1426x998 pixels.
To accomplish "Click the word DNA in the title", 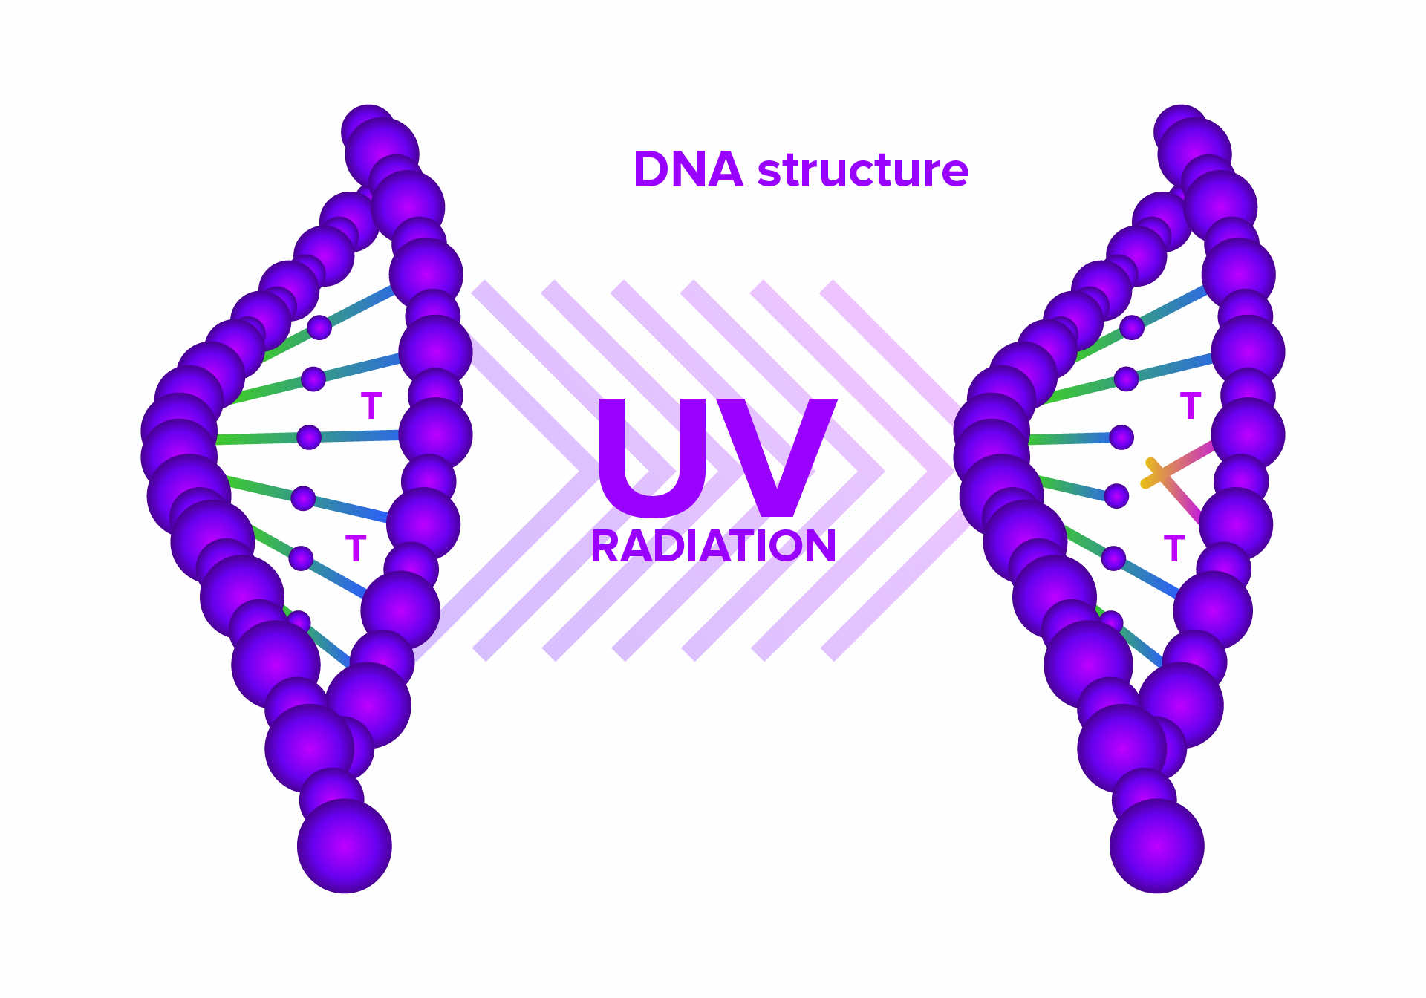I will (688, 170).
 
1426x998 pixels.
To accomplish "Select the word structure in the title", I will (863, 170).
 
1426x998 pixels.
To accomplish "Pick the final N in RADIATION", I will (819, 547).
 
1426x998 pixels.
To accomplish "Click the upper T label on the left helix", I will (371, 405).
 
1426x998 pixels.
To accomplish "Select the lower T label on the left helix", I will (356, 549).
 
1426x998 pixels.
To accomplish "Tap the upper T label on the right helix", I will (1191, 405).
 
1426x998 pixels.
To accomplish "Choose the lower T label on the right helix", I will (1174, 549).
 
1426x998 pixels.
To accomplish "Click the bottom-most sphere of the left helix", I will (345, 846).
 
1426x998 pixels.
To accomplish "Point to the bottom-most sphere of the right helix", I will (1156, 846).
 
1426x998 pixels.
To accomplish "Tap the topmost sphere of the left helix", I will (368, 131).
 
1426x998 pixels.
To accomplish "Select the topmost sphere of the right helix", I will (1179, 131).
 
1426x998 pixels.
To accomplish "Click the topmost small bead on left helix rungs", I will (319, 327).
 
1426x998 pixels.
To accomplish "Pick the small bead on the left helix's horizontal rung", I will (309, 437).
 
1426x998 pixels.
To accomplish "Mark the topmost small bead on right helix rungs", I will (1132, 327).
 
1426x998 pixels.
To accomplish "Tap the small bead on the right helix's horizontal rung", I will (1121, 437).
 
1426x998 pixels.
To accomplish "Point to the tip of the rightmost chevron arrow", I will (952, 470).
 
